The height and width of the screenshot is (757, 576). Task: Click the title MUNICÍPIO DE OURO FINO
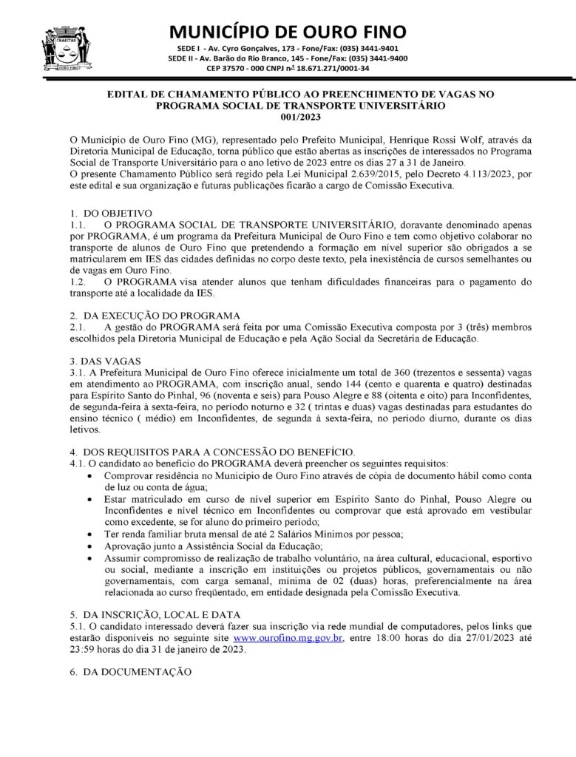(x=288, y=32)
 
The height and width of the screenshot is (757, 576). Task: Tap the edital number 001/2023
(x=288, y=117)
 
